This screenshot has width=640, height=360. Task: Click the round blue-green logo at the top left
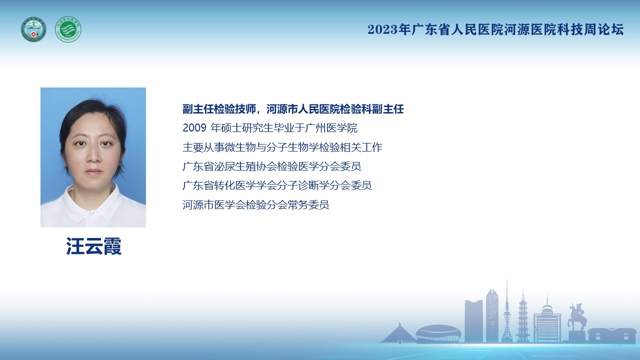[33, 29]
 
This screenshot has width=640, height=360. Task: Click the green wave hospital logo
[68, 29]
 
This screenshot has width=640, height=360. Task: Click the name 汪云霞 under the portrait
[93, 246]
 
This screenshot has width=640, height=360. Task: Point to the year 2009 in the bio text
[194, 127]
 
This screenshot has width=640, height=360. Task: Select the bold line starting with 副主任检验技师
[293, 109]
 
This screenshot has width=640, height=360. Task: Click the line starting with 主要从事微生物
[282, 147]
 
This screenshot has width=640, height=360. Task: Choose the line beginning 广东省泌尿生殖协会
[271, 166]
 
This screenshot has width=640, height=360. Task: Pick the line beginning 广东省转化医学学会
[277, 185]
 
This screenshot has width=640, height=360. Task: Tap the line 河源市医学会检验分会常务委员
[255, 204]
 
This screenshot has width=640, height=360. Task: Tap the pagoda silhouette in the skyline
[523, 316]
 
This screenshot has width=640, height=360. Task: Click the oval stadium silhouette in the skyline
[438, 333]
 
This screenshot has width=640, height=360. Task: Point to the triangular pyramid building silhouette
[398, 333]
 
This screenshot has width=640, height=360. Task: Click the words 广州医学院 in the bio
[331, 127]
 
